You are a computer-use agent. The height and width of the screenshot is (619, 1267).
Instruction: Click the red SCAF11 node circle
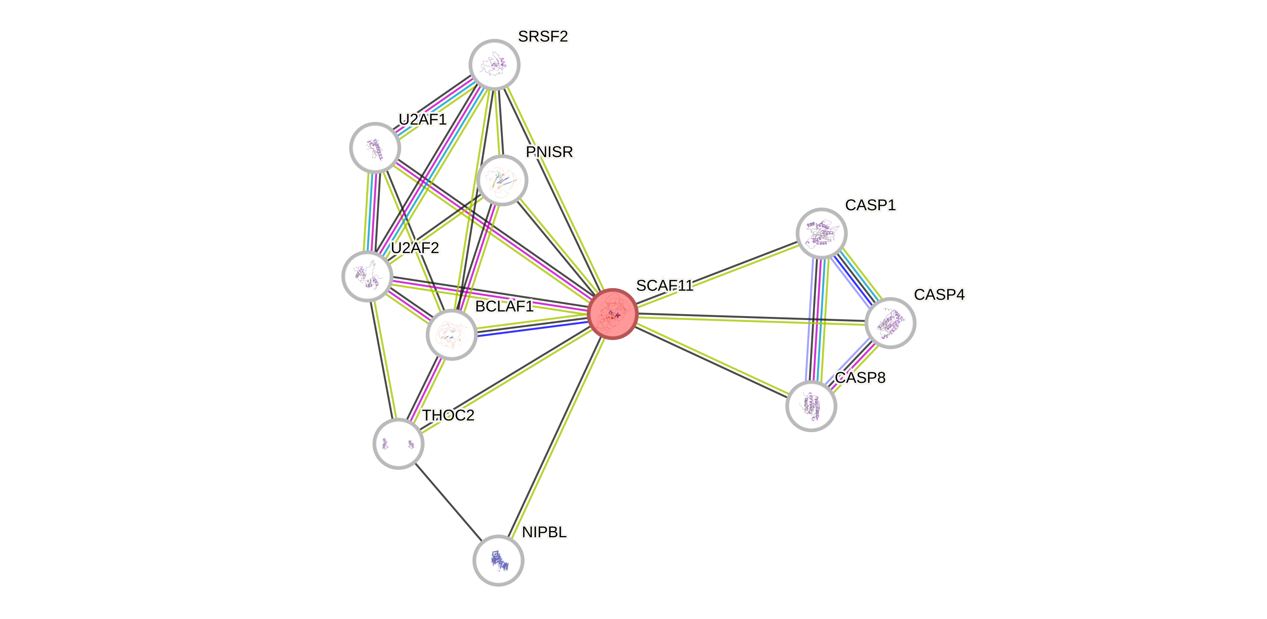click(613, 314)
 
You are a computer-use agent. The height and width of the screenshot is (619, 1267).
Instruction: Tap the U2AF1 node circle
click(375, 148)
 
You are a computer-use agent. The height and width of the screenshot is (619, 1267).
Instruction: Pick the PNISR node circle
click(502, 180)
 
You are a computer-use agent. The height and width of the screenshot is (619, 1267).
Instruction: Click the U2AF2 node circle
click(367, 276)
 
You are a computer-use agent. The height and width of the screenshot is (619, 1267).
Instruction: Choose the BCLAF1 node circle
click(451, 335)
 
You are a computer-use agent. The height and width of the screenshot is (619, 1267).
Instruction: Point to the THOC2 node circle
click(398, 443)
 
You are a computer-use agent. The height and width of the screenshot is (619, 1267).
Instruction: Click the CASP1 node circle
click(821, 234)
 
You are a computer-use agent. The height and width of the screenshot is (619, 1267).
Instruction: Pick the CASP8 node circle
click(811, 406)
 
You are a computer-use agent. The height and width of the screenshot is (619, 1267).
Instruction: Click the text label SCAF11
click(664, 285)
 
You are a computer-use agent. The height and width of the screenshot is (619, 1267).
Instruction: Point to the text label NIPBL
click(545, 532)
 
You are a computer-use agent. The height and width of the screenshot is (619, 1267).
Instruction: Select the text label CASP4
click(939, 294)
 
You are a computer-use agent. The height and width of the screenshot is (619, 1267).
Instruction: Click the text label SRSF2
click(543, 36)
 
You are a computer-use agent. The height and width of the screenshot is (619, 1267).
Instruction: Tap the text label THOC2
click(449, 415)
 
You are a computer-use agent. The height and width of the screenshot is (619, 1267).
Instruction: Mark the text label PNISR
click(550, 152)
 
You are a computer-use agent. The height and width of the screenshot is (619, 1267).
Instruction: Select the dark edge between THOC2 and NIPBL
click(448, 502)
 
